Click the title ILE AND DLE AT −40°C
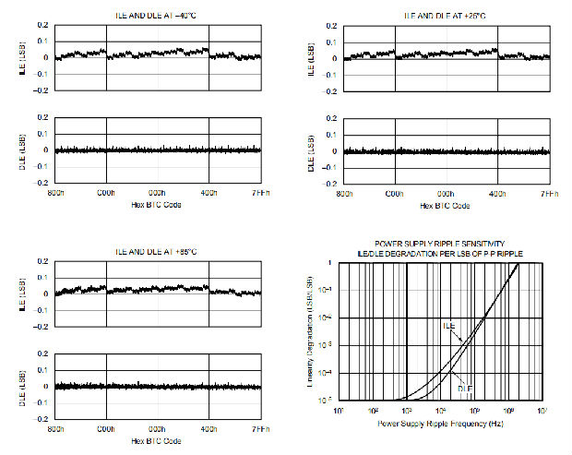click(158, 16)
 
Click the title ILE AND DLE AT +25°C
click(447, 16)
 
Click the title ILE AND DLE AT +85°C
click(158, 252)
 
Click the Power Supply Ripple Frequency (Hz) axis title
click(439, 424)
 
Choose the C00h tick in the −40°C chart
click(107, 194)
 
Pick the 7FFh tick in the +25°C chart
click(549, 194)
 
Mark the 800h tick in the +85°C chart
click(55, 430)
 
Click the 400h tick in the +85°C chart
click(209, 430)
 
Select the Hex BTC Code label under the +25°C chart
click(447, 203)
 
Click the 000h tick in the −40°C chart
click(158, 194)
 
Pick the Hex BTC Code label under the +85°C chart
click(158, 439)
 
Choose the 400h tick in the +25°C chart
click(498, 194)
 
